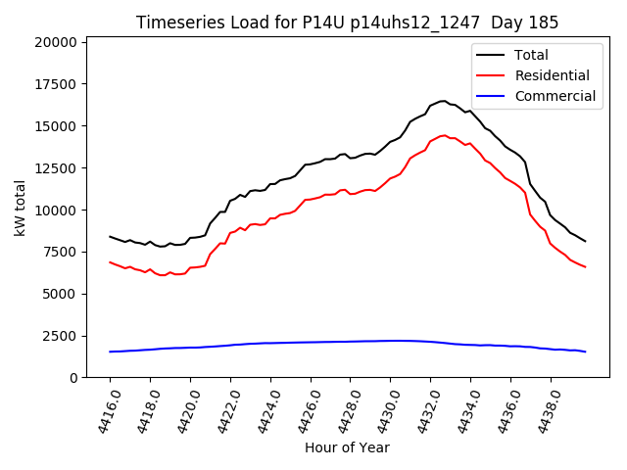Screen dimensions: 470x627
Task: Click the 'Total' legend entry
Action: pos(532,55)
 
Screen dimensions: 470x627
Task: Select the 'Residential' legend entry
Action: pos(553,75)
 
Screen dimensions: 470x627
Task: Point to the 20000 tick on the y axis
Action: pos(53,42)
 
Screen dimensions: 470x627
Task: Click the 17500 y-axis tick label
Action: pos(53,84)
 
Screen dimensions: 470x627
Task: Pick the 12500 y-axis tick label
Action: pos(53,168)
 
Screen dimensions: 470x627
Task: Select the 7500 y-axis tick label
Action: pos(57,252)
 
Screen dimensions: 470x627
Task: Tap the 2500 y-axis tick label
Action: pos(57,336)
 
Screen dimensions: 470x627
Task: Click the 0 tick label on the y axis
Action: pos(72,378)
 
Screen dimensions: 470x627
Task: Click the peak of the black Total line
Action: pos(443,101)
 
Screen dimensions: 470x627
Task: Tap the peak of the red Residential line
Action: pos(444,135)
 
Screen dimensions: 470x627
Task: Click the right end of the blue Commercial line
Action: pos(585,352)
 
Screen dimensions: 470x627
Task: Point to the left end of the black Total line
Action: pos(110,236)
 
